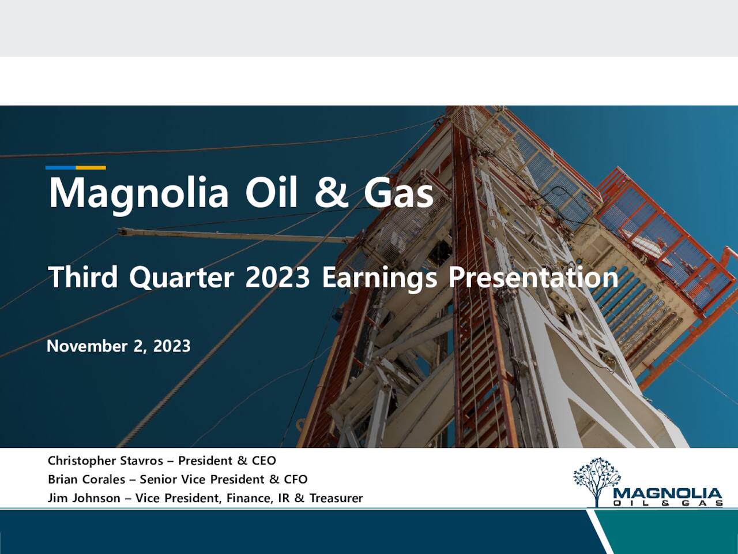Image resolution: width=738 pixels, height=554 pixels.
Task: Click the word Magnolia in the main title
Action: pos(138,193)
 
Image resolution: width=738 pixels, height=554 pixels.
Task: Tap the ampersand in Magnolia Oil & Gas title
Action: pos(332,193)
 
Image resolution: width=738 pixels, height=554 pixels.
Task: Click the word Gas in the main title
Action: pos(398,193)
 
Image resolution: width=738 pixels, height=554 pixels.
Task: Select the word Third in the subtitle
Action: pos(84,278)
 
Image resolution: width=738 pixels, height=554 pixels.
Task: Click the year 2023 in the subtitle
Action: pos(277,278)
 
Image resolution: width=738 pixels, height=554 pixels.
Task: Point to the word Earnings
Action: pos(379,278)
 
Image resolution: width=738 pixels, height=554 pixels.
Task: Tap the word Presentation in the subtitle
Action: pos(533,278)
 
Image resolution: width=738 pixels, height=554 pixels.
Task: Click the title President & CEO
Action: pos(227,461)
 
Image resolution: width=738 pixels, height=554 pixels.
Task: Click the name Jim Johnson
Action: pos(84,498)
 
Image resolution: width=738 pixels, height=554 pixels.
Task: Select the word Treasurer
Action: pos(336,498)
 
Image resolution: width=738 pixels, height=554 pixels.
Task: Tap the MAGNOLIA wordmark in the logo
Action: pos(668,494)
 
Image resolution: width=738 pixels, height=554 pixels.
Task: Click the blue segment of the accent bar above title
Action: pos(61,168)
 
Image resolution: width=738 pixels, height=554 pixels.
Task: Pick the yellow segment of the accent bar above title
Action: pos(91,168)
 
